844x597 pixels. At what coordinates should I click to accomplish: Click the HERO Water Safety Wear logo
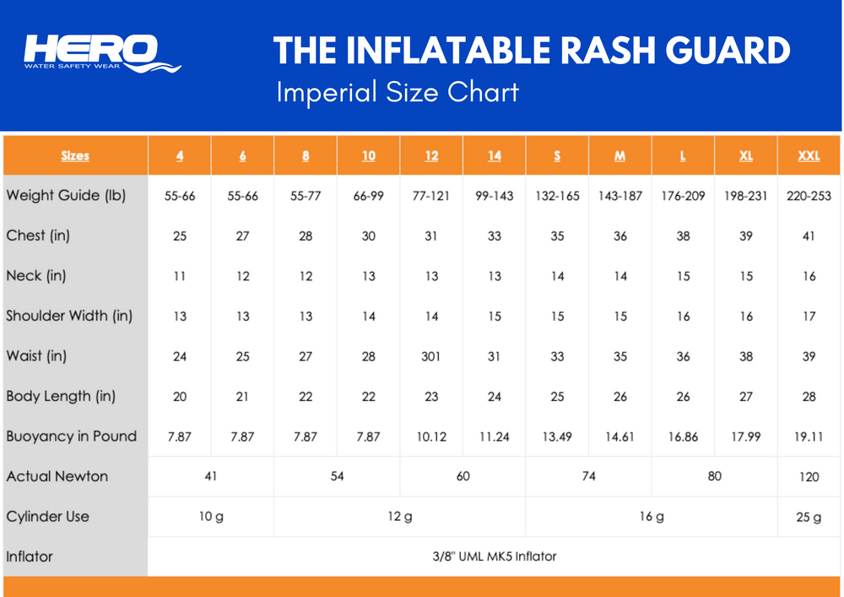click(x=102, y=52)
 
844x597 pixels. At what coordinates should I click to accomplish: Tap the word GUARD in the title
click(x=728, y=51)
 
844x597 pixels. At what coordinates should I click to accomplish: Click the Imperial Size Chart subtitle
click(x=398, y=92)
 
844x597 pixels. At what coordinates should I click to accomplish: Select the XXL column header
click(x=809, y=155)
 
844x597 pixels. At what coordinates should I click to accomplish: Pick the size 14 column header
click(x=494, y=155)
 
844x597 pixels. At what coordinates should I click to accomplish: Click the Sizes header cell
click(x=75, y=155)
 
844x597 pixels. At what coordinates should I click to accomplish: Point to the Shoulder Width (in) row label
click(x=69, y=316)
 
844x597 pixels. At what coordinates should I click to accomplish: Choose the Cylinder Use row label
click(x=47, y=516)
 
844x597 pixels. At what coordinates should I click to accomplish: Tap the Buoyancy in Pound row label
click(x=72, y=436)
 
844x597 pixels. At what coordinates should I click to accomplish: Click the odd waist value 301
click(x=430, y=355)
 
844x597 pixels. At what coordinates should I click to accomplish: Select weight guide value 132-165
click(x=557, y=196)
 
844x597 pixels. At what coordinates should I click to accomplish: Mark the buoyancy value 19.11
click(x=809, y=437)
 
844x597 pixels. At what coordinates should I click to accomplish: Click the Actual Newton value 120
click(x=809, y=476)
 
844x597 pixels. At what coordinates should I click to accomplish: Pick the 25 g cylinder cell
click(x=809, y=518)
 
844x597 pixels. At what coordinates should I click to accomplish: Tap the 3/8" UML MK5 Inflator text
click(x=494, y=556)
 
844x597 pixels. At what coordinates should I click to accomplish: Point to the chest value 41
click(x=809, y=236)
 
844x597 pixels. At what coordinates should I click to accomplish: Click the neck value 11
click(x=180, y=276)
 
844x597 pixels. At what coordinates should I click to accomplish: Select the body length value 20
click(x=180, y=397)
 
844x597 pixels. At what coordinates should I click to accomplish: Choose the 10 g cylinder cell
click(x=211, y=517)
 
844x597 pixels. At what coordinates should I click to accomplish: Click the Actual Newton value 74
click(x=588, y=476)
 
